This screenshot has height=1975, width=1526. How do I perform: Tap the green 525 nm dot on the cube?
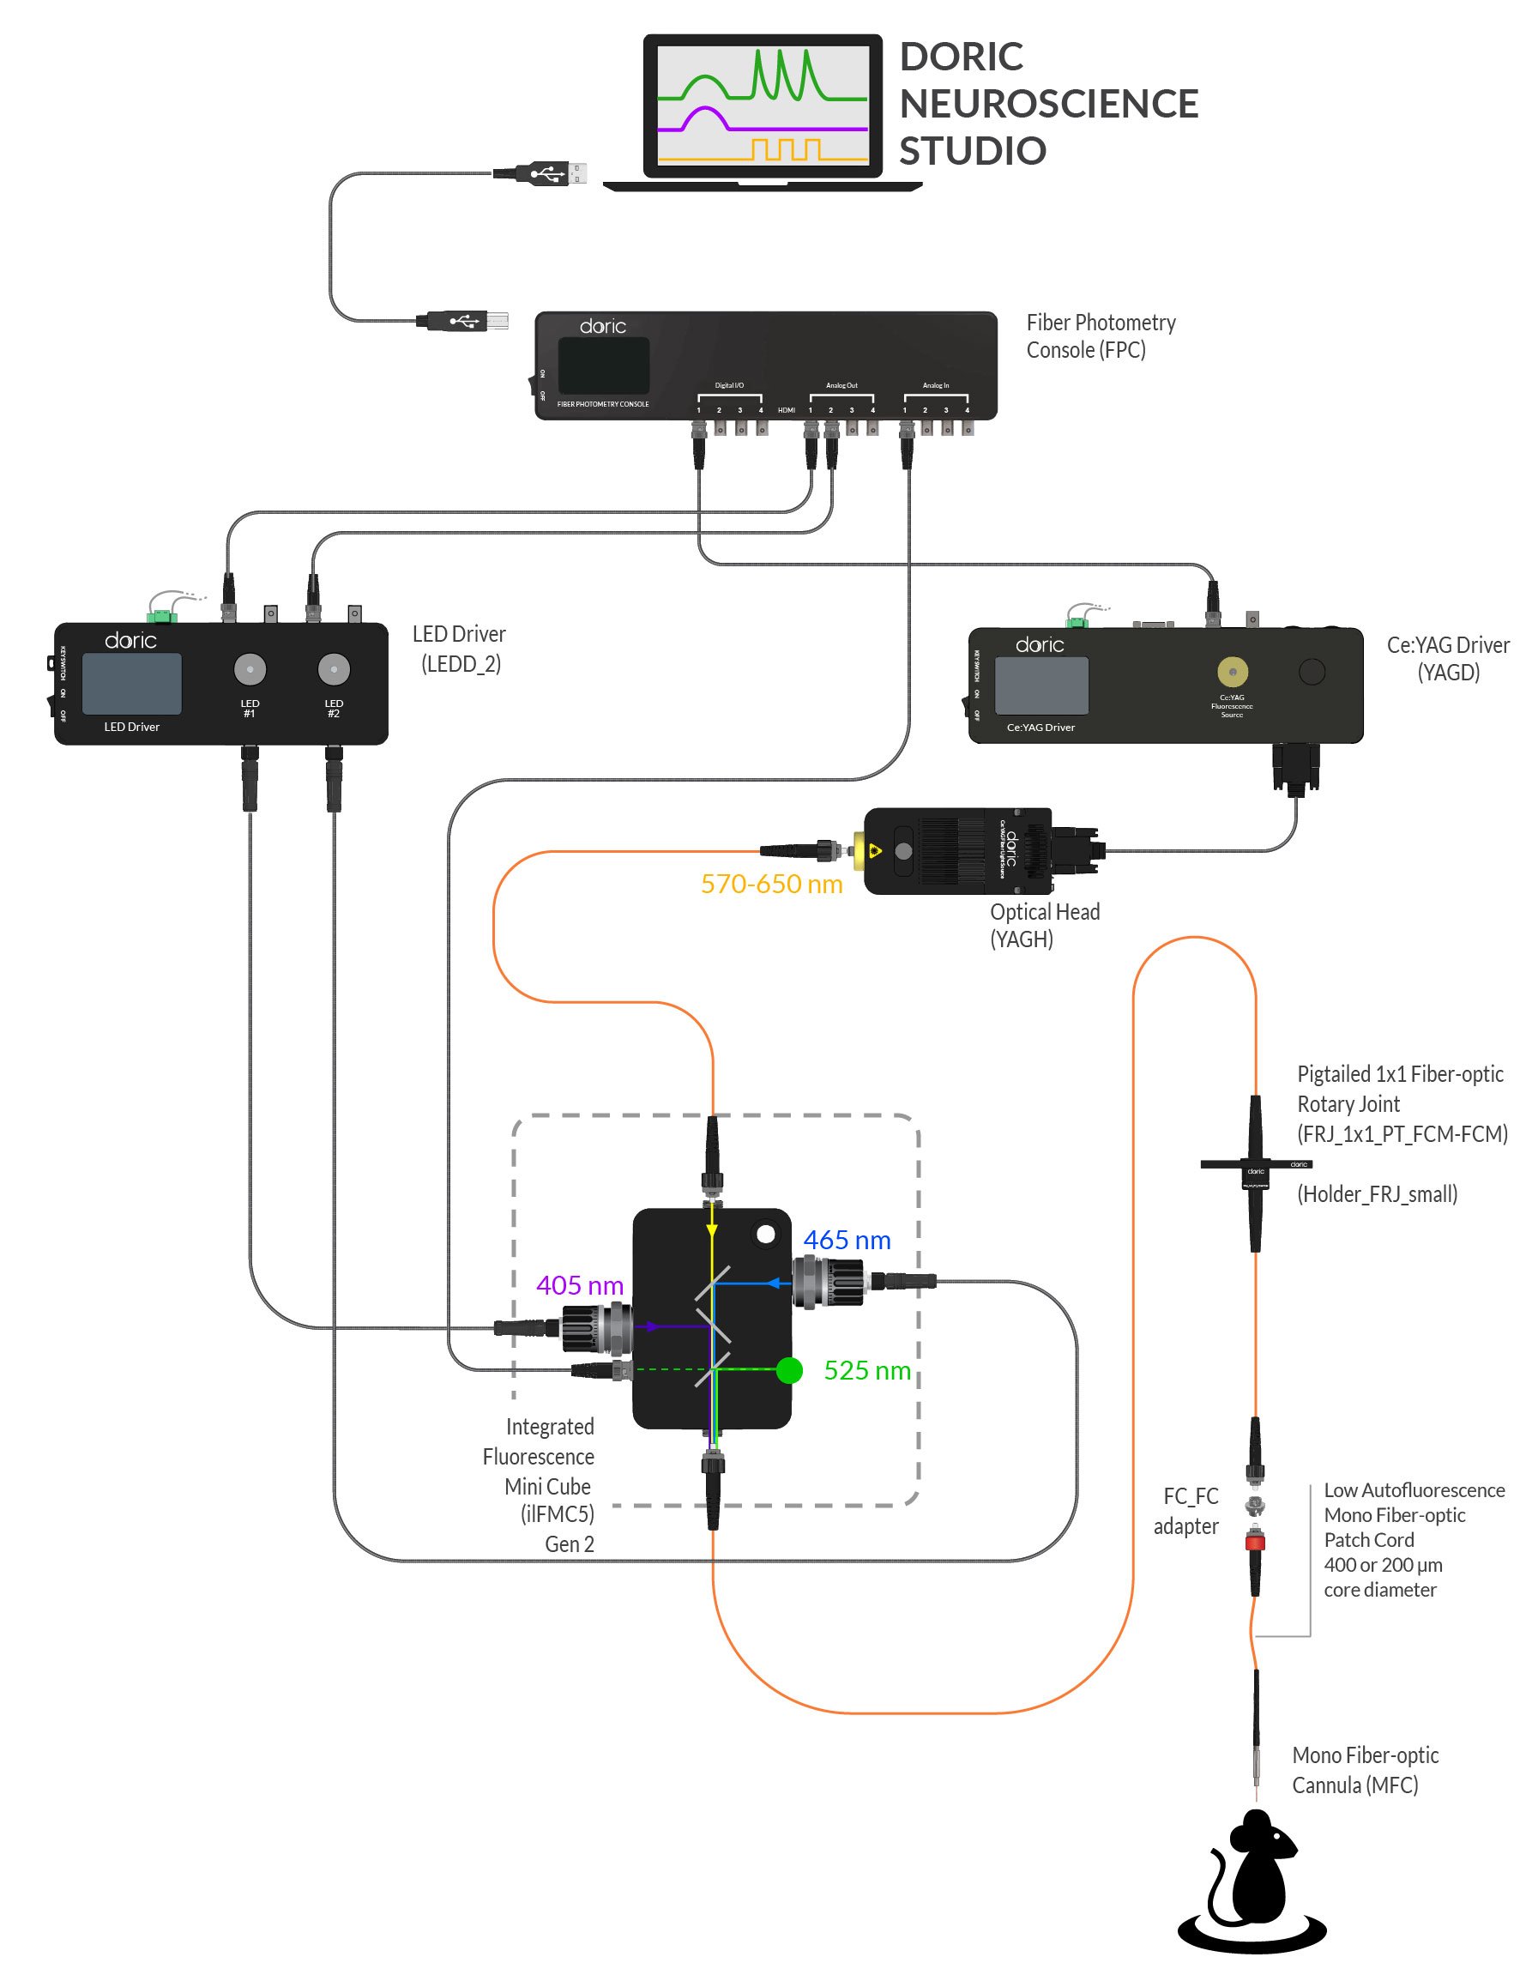[789, 1371]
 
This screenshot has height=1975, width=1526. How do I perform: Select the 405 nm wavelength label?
[580, 1285]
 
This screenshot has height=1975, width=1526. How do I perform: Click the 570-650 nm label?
[771, 884]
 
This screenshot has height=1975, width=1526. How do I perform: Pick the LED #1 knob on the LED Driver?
[250, 669]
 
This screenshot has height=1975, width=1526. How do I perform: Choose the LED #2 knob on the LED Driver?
[334, 669]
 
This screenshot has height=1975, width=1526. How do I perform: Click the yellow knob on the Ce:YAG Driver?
[1232, 672]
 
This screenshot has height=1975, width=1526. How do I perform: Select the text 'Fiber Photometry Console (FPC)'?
[1101, 335]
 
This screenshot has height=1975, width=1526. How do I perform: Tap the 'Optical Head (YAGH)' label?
[1044, 925]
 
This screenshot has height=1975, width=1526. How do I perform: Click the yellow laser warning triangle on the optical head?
[874, 850]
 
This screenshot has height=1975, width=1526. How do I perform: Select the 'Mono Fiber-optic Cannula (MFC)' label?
[1364, 1770]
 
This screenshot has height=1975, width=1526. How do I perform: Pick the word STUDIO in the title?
[972, 151]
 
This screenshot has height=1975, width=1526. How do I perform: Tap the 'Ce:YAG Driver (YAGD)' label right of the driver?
[1447, 658]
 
